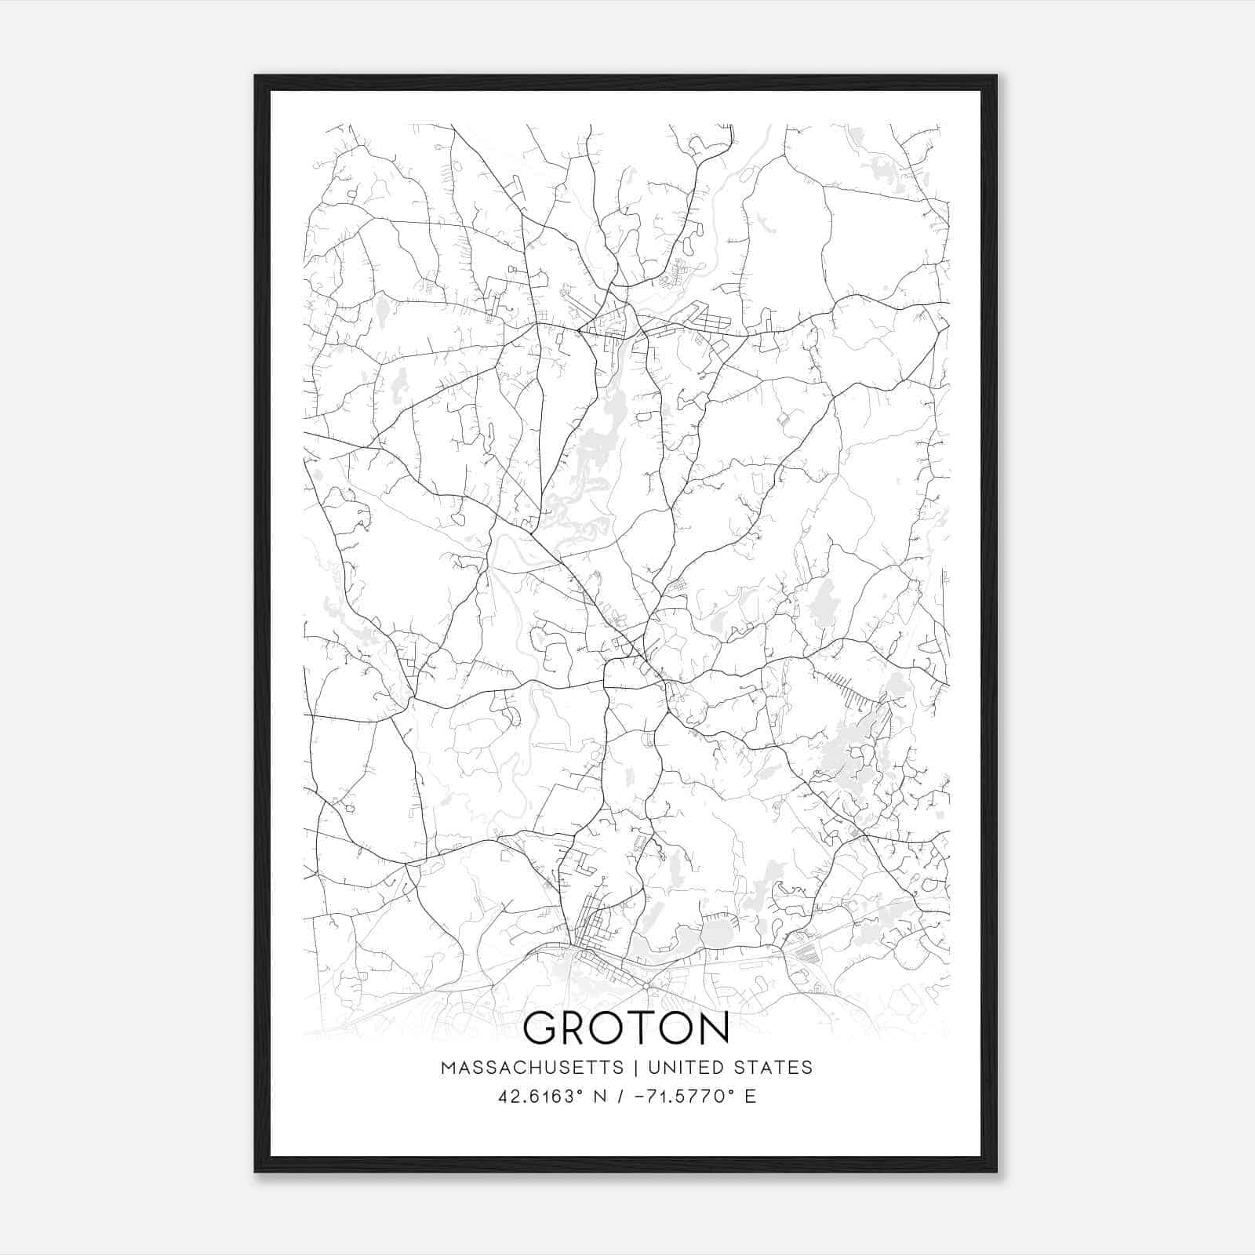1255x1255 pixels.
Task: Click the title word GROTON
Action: pos(626,1028)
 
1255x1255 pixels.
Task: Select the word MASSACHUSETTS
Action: pos(532,1068)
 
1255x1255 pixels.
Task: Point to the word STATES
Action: pos(773,1068)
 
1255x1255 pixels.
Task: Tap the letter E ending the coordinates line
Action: pos(751,1097)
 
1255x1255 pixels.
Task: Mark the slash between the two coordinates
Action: pos(622,1097)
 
